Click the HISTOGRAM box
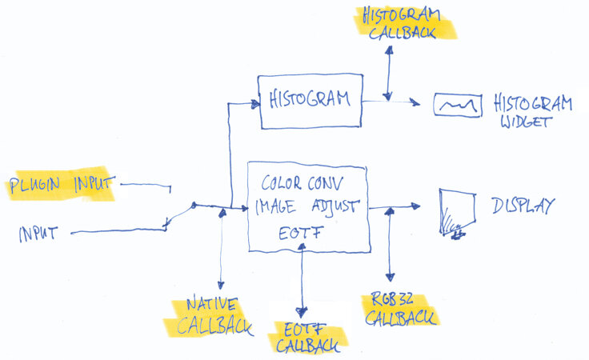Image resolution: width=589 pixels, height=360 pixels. click(x=310, y=101)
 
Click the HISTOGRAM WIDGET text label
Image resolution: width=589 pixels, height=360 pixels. click(x=532, y=112)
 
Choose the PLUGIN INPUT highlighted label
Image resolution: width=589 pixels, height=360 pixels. click(x=62, y=186)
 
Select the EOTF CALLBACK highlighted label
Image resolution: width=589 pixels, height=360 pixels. click(x=307, y=337)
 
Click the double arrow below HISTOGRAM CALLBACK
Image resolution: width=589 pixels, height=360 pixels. click(x=388, y=72)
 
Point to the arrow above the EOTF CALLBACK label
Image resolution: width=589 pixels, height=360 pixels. click(x=303, y=280)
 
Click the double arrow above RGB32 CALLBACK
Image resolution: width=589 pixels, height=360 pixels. click(x=390, y=248)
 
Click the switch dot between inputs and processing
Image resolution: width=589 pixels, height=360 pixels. click(x=194, y=206)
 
